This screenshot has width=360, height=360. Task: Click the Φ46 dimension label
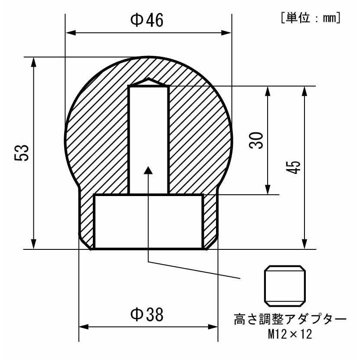pos(147,20)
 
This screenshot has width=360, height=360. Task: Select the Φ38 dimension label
pos(147,314)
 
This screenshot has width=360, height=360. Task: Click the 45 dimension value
pos(293,167)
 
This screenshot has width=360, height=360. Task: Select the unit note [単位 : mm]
pos(310,18)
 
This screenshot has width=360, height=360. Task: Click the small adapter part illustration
pos(285,285)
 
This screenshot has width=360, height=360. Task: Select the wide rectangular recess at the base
pos(148,221)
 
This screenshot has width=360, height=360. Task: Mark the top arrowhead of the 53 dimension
pos(33,62)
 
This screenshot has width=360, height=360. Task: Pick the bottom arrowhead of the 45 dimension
pos(306,244)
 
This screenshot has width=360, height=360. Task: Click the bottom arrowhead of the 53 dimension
pos(33,244)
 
